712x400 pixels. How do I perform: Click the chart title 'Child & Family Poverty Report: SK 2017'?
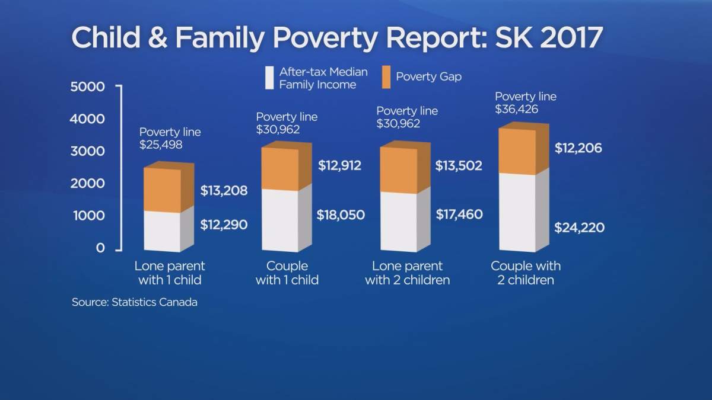point(337,37)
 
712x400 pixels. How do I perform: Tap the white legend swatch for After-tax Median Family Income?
point(269,78)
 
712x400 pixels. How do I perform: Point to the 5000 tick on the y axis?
point(88,87)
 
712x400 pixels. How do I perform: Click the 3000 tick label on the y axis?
point(88,151)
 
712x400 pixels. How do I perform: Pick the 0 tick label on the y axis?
point(101,248)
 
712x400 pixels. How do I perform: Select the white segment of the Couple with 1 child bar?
point(279,219)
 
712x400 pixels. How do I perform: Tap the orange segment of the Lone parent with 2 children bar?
point(398,171)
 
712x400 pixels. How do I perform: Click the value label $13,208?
point(224,191)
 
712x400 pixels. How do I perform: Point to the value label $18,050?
point(341,215)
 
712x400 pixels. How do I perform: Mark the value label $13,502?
point(459,167)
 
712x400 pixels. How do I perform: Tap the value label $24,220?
point(578,227)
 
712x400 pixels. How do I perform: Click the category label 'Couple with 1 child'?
point(287,273)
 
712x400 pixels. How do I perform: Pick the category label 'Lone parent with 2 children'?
point(407,273)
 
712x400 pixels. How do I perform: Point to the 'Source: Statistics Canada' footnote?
point(134,302)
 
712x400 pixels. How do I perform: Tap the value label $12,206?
point(578,148)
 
